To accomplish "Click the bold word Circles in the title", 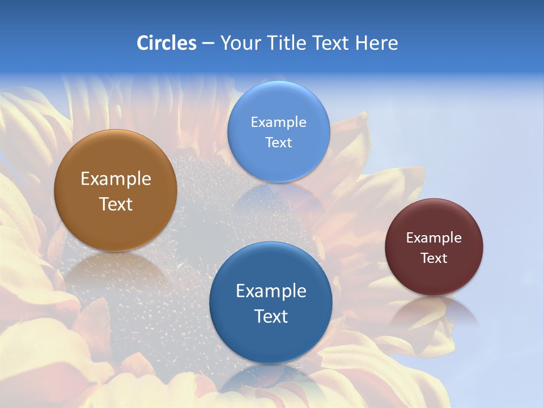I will tap(167, 43).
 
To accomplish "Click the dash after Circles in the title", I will tap(208, 44).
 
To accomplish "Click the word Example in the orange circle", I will tap(116, 179).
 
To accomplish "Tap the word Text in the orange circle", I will tap(116, 204).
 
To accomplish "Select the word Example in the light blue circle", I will tap(278, 122).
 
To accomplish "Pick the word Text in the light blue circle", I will tap(278, 142).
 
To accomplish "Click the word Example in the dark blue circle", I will tap(271, 291).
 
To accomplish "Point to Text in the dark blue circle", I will tap(271, 316).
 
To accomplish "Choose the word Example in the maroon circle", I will tap(433, 238).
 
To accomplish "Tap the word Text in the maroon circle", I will tap(433, 258).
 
